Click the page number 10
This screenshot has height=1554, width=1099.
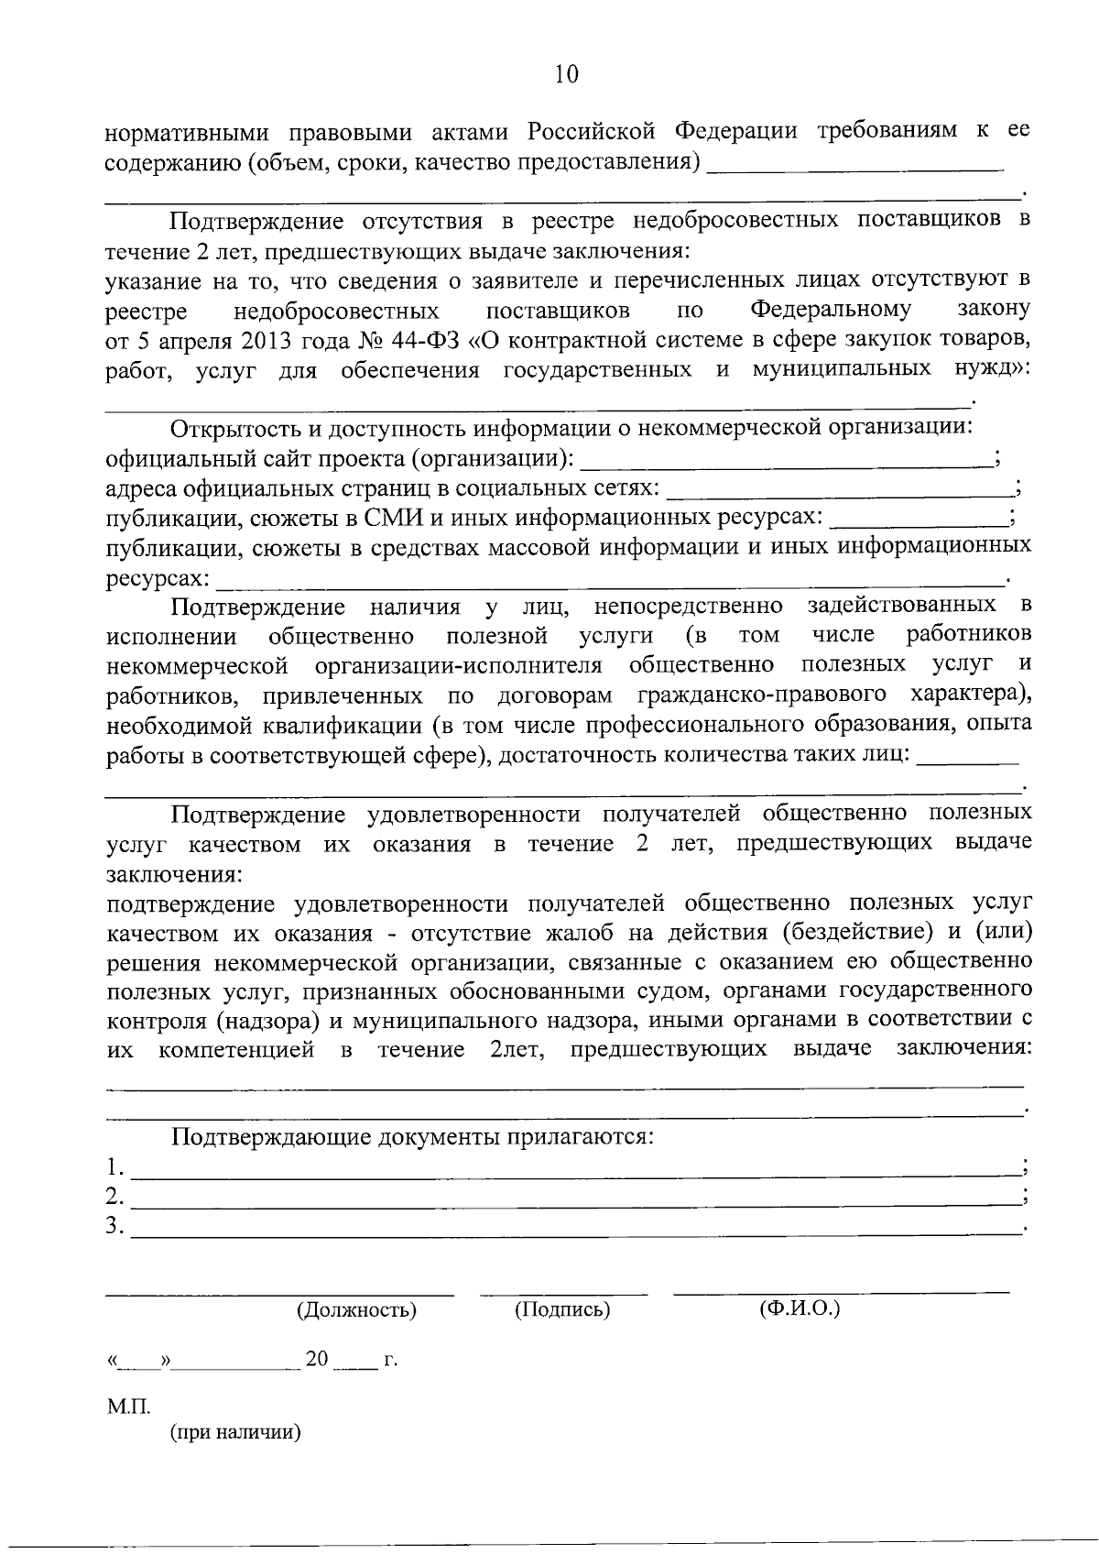pos(566,73)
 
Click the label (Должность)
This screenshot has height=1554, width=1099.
pos(356,1309)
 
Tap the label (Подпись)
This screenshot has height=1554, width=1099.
pos(562,1309)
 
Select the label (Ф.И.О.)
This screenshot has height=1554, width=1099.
pos(800,1308)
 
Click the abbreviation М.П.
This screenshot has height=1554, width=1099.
pos(122,1406)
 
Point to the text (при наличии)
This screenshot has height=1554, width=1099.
pos(235,1433)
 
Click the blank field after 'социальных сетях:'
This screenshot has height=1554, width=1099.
pos(838,492)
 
